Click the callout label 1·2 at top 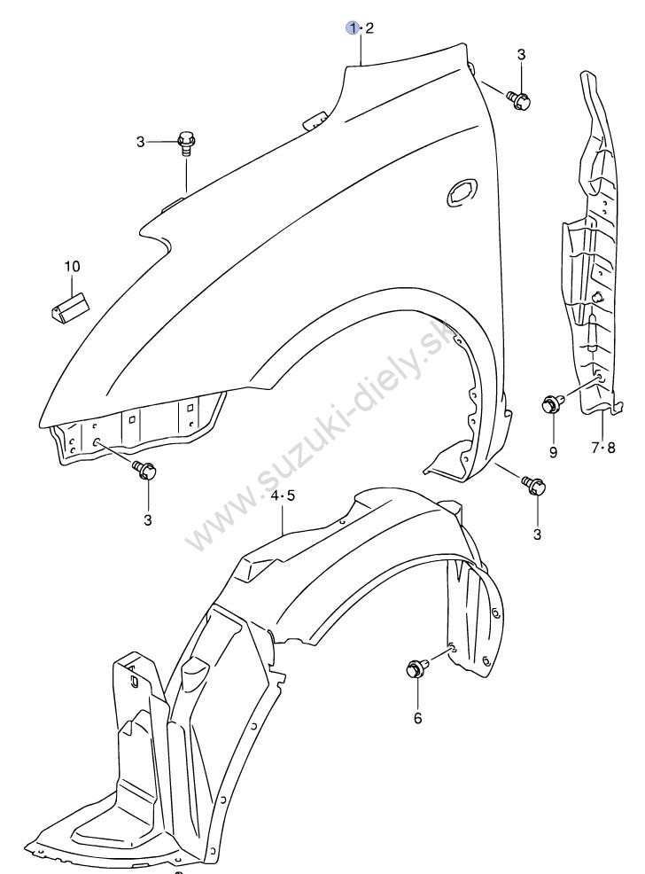[x=361, y=28]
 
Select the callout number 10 [x=71, y=266]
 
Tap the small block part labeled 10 [x=68, y=305]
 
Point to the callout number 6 [x=418, y=718]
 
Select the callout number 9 [x=553, y=452]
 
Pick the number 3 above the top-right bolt [x=521, y=55]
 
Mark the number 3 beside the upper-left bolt [x=140, y=141]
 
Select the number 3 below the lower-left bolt [x=147, y=519]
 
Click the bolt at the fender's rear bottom [x=535, y=485]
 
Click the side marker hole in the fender [x=462, y=189]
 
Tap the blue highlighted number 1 [x=354, y=28]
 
